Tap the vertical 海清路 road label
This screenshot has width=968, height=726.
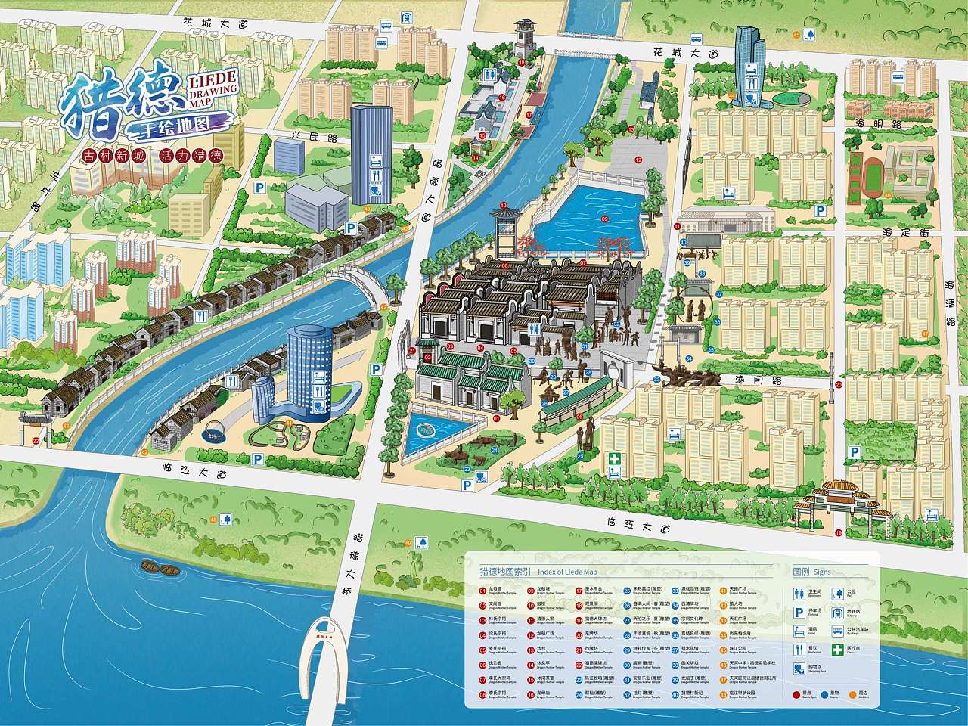coord(950,299)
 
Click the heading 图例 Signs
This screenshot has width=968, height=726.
coord(811,572)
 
